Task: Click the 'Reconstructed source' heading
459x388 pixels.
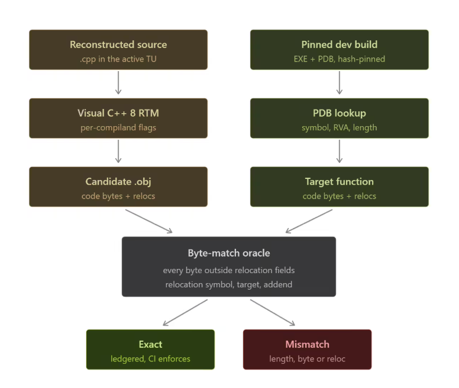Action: click(118, 44)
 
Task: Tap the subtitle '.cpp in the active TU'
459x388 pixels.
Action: click(118, 59)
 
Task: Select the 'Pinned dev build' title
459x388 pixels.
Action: click(340, 44)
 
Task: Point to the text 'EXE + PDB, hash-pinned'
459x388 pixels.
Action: click(340, 59)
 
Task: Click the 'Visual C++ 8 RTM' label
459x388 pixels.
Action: click(118, 113)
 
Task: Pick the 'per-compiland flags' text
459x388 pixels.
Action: click(118, 128)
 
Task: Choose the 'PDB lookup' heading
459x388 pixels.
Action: click(340, 113)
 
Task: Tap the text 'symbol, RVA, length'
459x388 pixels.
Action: click(340, 128)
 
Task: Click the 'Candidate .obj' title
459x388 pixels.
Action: click(118, 182)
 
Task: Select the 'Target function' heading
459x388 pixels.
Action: click(340, 182)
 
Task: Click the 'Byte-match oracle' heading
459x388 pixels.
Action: click(229, 253)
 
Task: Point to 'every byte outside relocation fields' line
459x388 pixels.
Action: click(229, 270)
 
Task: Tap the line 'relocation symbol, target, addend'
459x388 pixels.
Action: click(229, 284)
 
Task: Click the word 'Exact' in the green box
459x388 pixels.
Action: click(150, 344)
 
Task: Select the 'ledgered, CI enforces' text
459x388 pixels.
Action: click(150, 359)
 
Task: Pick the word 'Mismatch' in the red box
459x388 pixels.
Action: click(308, 344)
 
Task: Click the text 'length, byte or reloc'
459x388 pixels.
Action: click(308, 359)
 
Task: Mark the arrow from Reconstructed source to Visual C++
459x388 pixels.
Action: click(118, 83)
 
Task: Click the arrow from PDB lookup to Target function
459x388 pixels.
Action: click(340, 151)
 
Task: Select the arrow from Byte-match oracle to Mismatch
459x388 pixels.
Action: click(273, 312)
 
